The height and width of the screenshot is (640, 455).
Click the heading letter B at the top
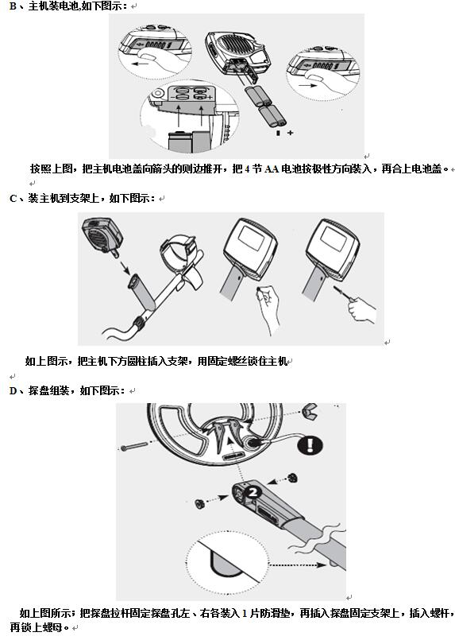[x=12, y=6]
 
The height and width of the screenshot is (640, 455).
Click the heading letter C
[x=13, y=199]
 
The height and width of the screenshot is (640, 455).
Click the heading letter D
[x=13, y=391]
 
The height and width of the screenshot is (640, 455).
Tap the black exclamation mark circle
[x=310, y=445]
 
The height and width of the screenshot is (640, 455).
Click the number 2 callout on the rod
[x=253, y=491]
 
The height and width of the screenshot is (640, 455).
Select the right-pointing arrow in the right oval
[x=307, y=86]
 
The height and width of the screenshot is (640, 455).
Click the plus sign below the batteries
[x=291, y=133]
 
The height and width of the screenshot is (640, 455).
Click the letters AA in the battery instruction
[x=272, y=169]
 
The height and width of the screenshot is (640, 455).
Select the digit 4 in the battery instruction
[x=248, y=169]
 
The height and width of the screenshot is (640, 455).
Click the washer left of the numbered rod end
[x=200, y=504]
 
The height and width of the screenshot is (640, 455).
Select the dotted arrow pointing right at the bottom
[x=299, y=565]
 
